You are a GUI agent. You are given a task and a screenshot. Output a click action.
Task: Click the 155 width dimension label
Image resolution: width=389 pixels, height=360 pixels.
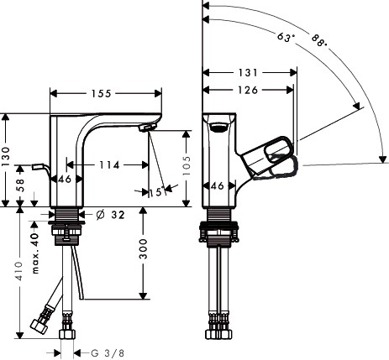pos(102,93)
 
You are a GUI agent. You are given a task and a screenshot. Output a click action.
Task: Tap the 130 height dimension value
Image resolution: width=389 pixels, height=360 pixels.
pos(6,156)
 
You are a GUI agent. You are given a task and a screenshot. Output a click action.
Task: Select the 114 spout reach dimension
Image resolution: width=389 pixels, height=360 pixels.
pos(109,165)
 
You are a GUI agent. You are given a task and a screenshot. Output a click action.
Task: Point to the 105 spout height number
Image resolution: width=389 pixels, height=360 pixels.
pos(187,165)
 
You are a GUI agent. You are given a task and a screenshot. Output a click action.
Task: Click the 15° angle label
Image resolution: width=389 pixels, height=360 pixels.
pos(156,192)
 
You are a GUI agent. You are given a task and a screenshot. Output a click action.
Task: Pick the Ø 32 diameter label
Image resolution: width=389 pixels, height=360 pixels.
pos(110,215)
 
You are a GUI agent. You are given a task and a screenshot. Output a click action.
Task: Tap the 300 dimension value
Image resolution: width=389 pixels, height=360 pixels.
pos(143,249)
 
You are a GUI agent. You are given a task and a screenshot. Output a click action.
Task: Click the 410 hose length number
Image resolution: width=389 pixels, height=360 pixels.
pos(19,271)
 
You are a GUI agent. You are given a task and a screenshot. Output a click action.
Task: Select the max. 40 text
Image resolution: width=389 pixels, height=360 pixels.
pos(35,253)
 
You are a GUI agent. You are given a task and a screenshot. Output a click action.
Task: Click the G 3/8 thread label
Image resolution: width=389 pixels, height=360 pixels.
pos(108,353)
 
